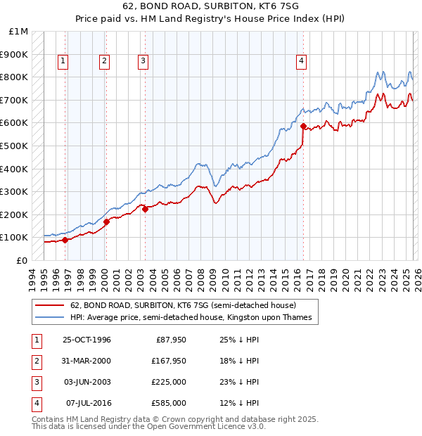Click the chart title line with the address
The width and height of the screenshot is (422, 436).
[x=210, y=6]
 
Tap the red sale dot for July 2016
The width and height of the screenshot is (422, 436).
[x=303, y=127]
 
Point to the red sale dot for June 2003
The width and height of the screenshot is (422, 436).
[x=145, y=209]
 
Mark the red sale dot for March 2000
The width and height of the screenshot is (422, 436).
[x=106, y=222]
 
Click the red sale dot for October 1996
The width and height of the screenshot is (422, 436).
[x=65, y=240]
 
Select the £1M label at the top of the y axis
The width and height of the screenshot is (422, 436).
[x=19, y=32]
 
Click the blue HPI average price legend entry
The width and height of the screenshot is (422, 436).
[x=194, y=318]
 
